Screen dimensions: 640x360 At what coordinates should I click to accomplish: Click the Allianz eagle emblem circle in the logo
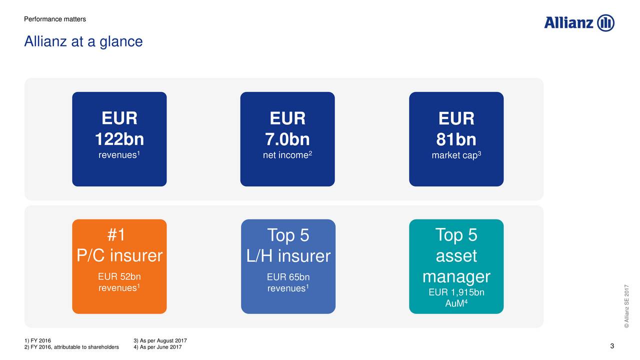(605, 23)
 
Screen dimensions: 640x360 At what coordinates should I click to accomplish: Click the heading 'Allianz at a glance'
(83, 41)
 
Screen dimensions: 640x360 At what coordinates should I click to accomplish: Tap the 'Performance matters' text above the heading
(55, 19)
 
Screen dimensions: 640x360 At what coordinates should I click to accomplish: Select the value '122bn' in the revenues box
(119, 139)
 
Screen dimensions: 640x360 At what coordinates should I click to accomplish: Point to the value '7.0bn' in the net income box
(287, 139)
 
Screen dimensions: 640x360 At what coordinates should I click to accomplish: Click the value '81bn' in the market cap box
(456, 139)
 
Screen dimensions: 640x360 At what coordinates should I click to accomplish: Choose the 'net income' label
(285, 155)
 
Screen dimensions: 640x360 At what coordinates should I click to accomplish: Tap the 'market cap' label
(454, 155)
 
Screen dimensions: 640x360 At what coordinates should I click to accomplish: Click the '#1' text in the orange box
(116, 235)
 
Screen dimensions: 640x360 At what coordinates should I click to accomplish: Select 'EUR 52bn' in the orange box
(119, 276)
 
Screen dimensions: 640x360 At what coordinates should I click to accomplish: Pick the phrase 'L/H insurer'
(288, 255)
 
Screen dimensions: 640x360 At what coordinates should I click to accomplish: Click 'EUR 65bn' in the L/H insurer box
(288, 277)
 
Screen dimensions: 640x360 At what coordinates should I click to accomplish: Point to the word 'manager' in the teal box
(456, 276)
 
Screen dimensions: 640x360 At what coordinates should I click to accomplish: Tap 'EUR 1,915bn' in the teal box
(456, 292)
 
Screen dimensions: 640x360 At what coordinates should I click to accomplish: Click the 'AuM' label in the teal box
(454, 303)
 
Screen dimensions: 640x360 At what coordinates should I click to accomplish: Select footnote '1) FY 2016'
(37, 340)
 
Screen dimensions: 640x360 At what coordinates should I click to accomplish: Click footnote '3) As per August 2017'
(160, 340)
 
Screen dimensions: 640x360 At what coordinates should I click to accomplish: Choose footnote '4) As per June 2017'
(157, 347)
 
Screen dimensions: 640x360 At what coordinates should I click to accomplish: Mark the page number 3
(612, 346)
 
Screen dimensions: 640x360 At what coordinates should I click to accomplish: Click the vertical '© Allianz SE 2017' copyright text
(626, 306)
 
